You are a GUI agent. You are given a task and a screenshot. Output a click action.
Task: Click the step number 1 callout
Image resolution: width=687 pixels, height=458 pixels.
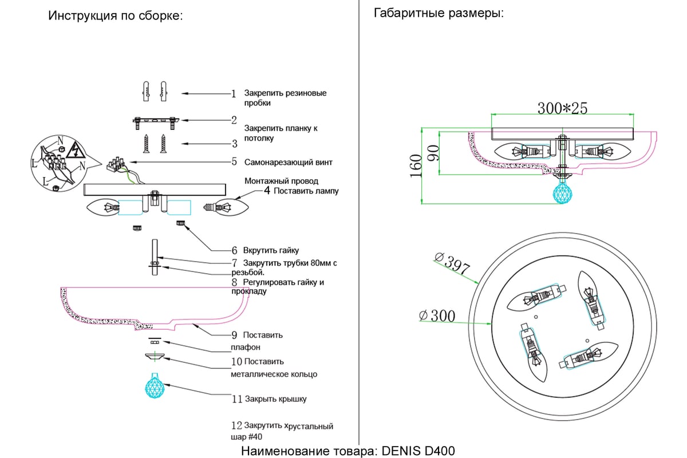(234, 93)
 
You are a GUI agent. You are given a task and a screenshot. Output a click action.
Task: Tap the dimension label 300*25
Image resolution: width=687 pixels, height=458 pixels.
(562, 108)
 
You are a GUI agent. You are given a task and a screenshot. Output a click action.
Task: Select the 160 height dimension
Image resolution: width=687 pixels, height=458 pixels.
(416, 166)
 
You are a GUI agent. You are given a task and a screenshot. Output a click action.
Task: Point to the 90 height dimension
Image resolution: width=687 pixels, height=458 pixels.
(434, 153)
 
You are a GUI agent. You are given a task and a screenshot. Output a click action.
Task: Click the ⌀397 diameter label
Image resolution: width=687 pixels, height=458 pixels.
(452, 263)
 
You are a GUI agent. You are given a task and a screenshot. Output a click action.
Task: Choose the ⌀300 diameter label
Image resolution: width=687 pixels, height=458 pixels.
(437, 315)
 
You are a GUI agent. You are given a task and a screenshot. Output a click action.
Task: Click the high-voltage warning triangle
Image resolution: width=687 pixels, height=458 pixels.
(74, 150)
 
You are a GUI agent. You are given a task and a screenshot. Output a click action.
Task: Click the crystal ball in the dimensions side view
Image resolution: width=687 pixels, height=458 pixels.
(562, 192)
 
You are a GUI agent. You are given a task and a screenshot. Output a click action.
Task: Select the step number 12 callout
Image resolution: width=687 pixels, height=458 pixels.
(236, 425)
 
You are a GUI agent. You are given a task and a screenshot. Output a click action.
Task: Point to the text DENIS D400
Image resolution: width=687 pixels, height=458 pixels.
(418, 451)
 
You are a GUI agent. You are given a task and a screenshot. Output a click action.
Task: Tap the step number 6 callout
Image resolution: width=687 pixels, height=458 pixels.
(234, 251)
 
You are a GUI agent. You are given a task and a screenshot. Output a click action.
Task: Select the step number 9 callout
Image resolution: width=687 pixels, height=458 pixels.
(234, 335)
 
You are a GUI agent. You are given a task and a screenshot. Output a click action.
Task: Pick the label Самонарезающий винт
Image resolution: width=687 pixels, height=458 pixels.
(289, 162)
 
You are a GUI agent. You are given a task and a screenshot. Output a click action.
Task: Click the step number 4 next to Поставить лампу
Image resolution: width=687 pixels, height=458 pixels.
(267, 191)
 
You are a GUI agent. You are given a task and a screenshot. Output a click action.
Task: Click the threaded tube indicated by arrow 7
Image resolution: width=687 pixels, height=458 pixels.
(155, 258)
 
